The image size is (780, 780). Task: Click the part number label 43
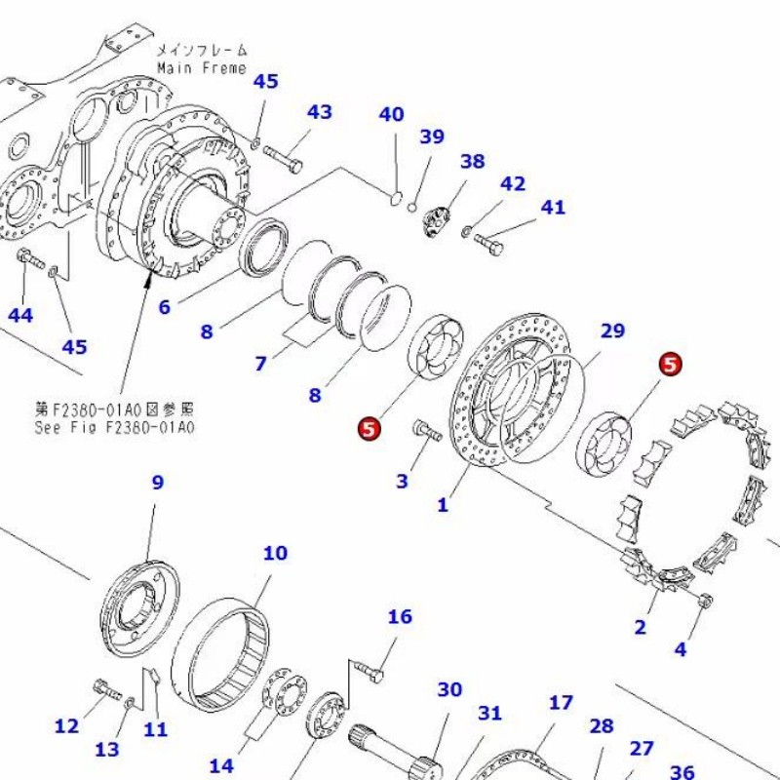click(320, 112)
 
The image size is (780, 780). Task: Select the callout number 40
click(391, 114)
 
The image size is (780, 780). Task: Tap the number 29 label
click(612, 331)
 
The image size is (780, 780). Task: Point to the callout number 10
click(275, 553)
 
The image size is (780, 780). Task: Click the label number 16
click(400, 616)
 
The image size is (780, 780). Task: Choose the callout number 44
click(20, 314)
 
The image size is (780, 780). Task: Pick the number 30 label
click(448, 689)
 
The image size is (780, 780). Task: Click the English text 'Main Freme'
click(202, 68)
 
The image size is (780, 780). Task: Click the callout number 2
click(640, 627)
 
